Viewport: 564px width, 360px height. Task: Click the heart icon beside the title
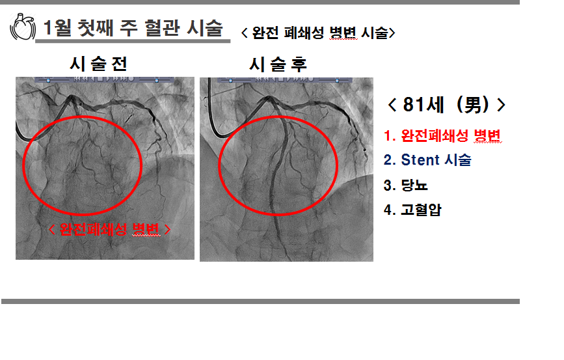pos(23,27)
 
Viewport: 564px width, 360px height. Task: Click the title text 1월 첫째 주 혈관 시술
pos(133,28)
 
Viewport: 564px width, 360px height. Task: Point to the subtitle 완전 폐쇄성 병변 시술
pos(318,33)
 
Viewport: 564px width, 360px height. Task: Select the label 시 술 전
pos(99,64)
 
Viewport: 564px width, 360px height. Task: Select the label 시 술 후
pos(278,64)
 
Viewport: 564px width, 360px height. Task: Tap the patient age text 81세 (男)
pos(446,105)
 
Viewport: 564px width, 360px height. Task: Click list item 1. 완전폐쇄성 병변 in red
pos(442,135)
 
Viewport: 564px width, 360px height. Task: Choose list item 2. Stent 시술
pos(427,160)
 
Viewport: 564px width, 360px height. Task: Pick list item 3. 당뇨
pos(405,185)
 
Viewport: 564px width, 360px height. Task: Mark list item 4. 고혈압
pos(412,210)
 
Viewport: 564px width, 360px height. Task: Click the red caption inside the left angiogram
pos(109,229)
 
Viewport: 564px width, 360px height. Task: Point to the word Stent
pos(420,160)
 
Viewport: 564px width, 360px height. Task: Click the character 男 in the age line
pos(473,105)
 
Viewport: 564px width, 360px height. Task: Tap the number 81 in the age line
pos(414,105)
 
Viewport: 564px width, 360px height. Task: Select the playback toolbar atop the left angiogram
pos(104,79)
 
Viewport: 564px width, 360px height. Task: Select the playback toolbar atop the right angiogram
pos(285,79)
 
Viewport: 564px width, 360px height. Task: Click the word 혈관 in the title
pos(162,28)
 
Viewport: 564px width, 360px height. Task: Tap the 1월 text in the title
pos(57,28)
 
